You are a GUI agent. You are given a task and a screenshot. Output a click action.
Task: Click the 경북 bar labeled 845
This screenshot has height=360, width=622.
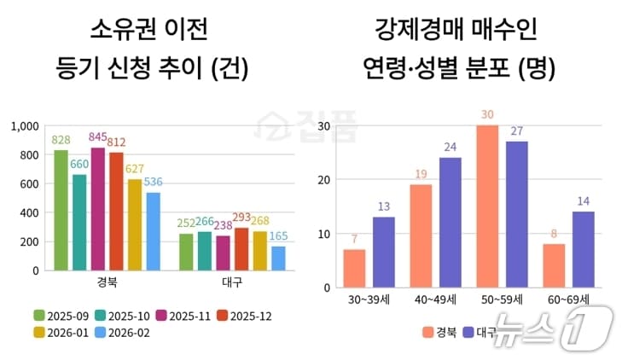coord(98,209)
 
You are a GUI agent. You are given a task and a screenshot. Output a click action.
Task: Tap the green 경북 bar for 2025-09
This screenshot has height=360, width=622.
coord(61,210)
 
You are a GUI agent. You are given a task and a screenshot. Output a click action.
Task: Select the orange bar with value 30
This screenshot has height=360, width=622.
coord(487,206)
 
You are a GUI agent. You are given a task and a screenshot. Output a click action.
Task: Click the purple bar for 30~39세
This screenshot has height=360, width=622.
coord(384,253)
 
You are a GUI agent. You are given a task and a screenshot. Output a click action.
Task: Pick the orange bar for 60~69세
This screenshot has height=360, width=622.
coord(554,266)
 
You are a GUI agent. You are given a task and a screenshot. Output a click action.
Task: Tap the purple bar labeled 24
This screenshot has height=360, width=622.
coord(450,223)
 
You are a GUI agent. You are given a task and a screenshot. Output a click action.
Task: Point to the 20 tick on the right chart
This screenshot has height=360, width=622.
coord(323,180)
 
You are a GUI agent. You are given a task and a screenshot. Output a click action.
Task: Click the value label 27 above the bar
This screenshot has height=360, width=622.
coord(516,131)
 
